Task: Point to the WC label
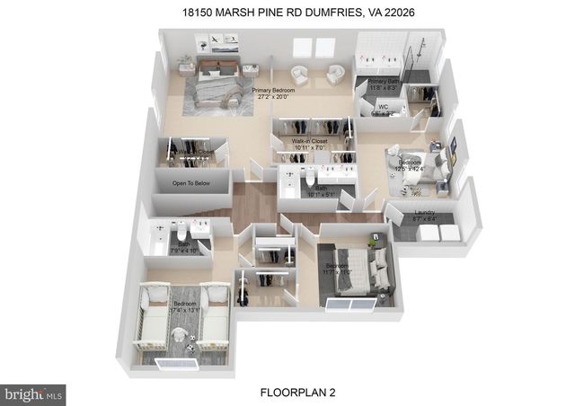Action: pyautogui.click(x=383, y=108)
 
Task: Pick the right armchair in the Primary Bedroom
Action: pyautogui.click(x=335, y=75)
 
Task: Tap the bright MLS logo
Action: pyautogui.click(x=34, y=393)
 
